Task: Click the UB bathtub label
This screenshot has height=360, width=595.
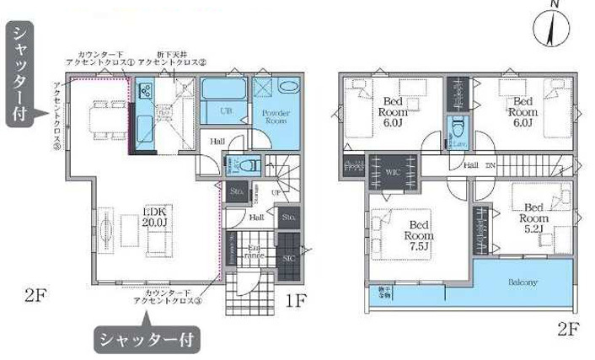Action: tap(227, 110)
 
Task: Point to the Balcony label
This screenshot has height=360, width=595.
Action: tap(522, 282)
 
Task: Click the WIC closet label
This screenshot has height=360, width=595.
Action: tap(392, 172)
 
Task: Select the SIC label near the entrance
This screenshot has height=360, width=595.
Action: tap(287, 256)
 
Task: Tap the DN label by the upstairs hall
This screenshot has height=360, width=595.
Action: tap(490, 165)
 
